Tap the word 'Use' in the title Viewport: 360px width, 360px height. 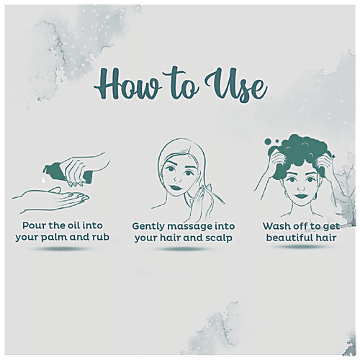click(x=236, y=85)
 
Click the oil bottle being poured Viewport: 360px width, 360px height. click(x=68, y=172)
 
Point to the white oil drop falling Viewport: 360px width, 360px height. click(x=44, y=181)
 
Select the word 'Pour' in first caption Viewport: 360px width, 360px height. click(x=34, y=225)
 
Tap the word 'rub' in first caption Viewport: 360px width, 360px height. click(x=101, y=237)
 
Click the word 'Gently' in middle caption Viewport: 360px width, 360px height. click(x=148, y=227)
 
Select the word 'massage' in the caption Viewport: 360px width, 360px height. click(x=190, y=227)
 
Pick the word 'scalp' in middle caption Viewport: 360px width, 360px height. click(x=219, y=238)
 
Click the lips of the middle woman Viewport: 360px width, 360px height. click(x=176, y=186)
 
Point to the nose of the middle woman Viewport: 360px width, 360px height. click(x=178, y=178)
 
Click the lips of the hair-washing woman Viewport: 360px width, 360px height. click(x=301, y=195)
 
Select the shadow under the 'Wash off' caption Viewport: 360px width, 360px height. click(x=300, y=247)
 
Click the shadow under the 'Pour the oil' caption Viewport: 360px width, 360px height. click(x=62, y=249)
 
